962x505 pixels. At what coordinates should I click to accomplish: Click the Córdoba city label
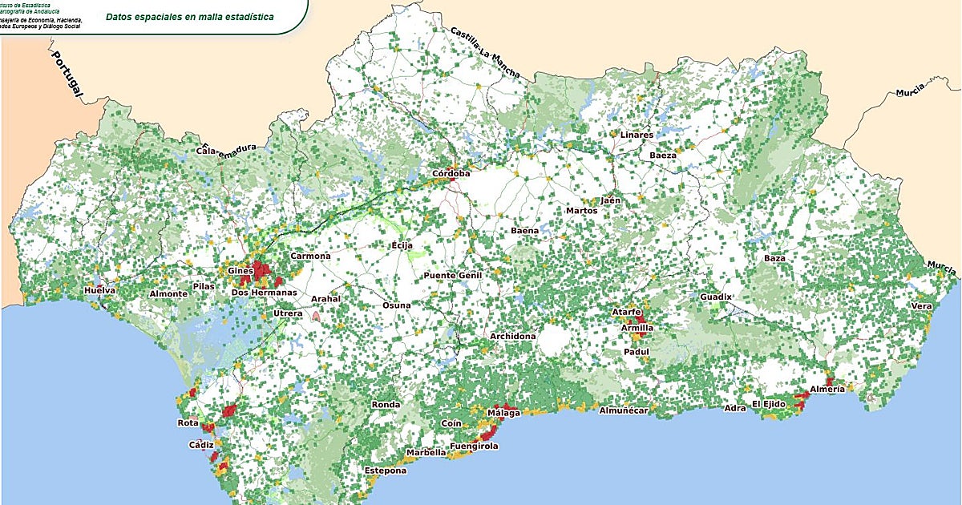click(x=451, y=173)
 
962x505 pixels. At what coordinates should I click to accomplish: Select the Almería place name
click(x=827, y=389)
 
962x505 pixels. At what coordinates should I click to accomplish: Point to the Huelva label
click(x=100, y=290)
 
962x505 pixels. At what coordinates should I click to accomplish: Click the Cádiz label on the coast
click(x=200, y=445)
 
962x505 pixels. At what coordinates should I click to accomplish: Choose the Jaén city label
click(x=612, y=200)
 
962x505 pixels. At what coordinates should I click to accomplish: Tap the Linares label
click(x=637, y=135)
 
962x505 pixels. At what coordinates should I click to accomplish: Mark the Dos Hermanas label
click(x=264, y=293)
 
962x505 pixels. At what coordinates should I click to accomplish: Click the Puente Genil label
click(x=451, y=276)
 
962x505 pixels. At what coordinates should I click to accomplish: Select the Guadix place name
click(x=716, y=297)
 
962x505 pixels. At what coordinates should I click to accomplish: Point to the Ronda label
click(x=386, y=405)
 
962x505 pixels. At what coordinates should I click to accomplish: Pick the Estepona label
click(x=386, y=471)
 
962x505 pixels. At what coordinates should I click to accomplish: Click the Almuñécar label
click(x=624, y=410)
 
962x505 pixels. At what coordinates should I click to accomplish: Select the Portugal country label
click(x=68, y=76)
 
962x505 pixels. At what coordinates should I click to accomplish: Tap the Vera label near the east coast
click(x=922, y=307)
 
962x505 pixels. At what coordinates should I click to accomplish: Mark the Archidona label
click(x=512, y=336)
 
